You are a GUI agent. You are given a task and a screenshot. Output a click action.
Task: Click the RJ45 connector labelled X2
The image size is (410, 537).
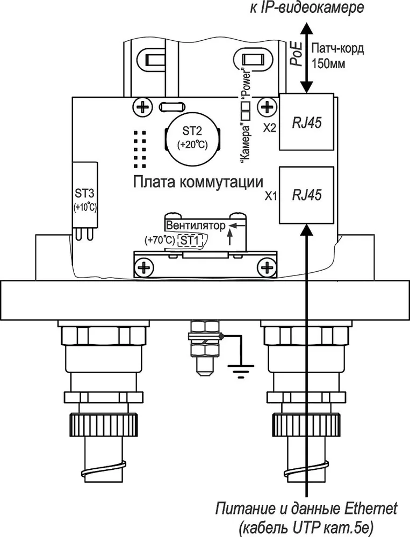(x=306, y=121)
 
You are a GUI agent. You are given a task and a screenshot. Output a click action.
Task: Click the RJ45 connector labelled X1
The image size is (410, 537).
(x=306, y=195)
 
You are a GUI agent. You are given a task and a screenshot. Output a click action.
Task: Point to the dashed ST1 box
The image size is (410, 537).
(x=190, y=241)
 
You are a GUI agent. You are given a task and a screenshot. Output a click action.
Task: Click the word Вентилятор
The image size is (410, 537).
(x=196, y=226)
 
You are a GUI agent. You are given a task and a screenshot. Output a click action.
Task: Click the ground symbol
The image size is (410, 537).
(x=241, y=371)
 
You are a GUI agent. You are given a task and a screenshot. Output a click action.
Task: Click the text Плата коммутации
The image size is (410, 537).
(x=198, y=182)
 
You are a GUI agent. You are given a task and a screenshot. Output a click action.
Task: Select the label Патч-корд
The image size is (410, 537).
(x=337, y=49)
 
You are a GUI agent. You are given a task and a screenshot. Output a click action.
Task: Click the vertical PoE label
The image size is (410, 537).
(x=297, y=54)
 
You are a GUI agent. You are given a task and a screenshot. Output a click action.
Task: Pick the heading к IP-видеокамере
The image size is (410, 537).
(x=307, y=8)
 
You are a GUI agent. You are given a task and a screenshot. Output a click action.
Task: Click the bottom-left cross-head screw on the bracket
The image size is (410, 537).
(x=144, y=267)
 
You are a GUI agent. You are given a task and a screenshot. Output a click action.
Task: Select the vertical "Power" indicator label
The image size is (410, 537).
(x=247, y=84)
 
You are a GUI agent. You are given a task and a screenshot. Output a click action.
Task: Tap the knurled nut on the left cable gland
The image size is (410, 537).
(x=104, y=424)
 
